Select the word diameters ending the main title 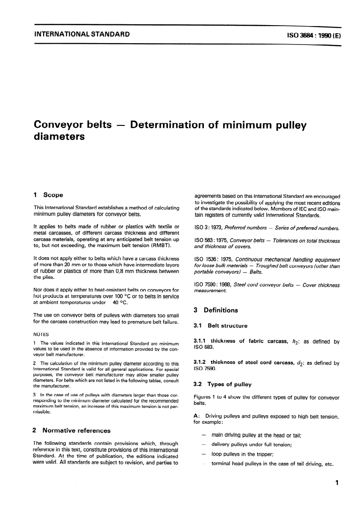pyautogui.click(x=59, y=137)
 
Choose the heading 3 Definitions pyautogui.click(x=216, y=310)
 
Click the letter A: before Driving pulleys pyautogui.click(x=196, y=416)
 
